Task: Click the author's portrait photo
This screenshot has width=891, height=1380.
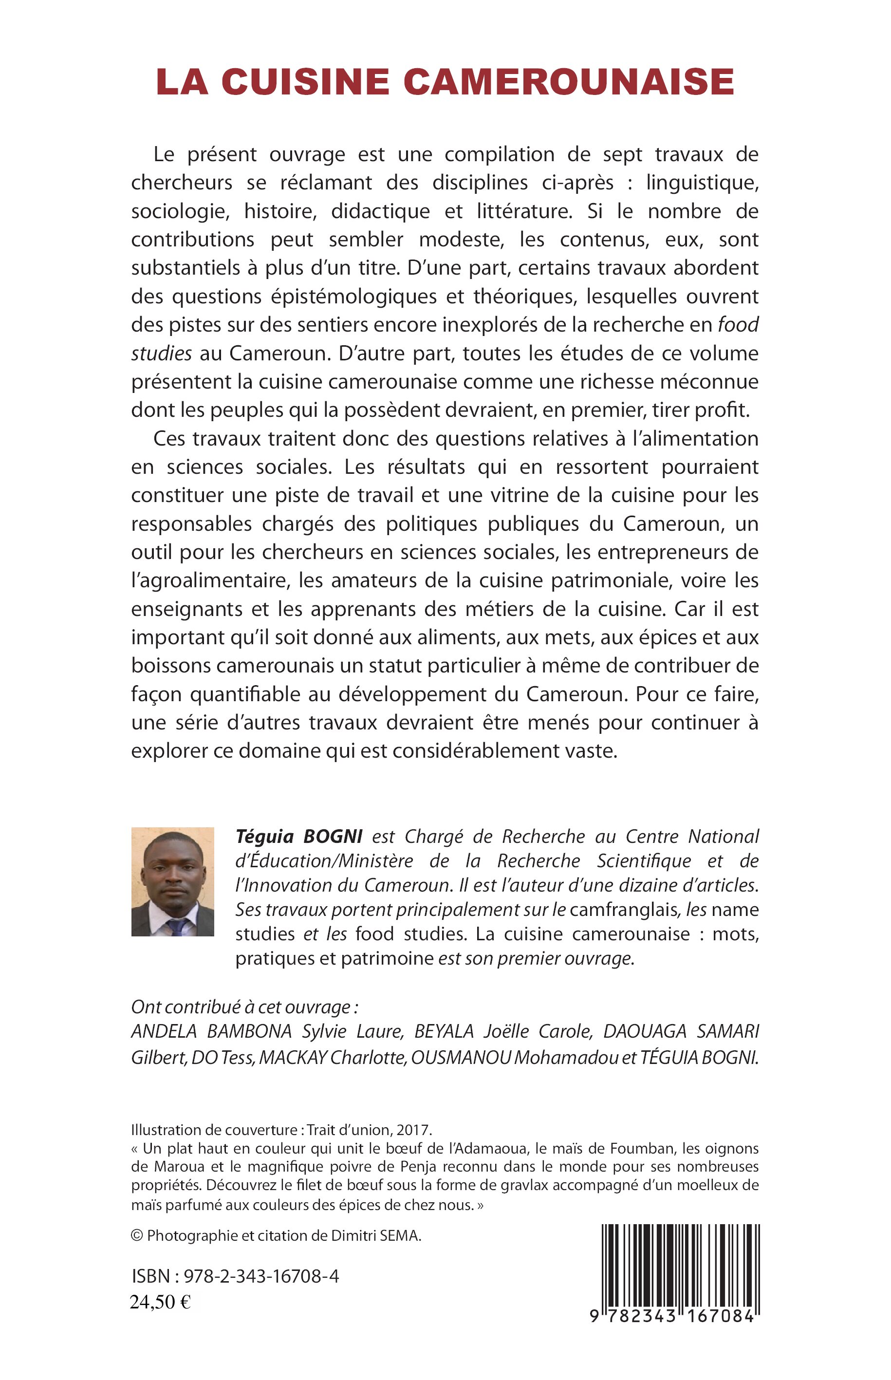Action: [x=172, y=881]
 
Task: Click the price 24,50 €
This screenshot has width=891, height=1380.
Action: [x=160, y=1302]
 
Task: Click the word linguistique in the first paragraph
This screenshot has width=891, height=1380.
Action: [x=702, y=183]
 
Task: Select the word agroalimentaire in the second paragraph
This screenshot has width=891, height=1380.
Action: [x=209, y=580]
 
